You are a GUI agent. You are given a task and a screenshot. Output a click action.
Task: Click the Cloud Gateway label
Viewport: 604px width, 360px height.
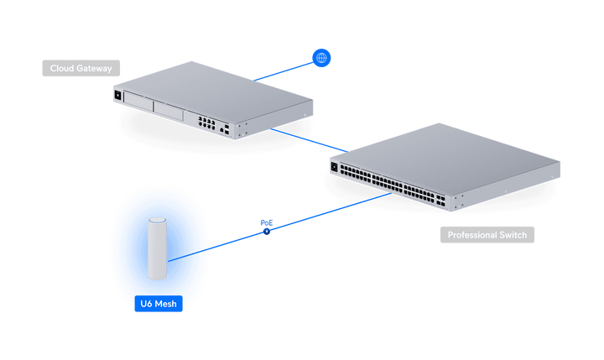(81, 68)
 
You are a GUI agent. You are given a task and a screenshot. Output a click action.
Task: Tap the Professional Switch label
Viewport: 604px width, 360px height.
(487, 235)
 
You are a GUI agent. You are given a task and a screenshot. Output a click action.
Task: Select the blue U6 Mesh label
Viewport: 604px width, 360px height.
(159, 304)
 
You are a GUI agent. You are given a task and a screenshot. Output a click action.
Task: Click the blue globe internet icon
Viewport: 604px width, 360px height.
(321, 58)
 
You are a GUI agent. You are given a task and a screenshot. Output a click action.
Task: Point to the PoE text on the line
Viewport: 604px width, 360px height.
(267, 222)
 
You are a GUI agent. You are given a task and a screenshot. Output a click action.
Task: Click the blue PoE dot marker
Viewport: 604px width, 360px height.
(267, 232)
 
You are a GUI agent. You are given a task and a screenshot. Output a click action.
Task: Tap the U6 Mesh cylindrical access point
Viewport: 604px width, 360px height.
(157, 248)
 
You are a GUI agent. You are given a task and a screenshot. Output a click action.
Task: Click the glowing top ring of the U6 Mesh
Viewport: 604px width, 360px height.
(157, 221)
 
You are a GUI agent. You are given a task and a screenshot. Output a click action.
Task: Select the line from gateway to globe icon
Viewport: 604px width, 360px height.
(284, 72)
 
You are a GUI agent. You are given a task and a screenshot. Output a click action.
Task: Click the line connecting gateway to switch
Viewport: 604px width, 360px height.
(309, 140)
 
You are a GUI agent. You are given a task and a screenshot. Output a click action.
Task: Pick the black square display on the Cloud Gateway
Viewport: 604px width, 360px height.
(118, 95)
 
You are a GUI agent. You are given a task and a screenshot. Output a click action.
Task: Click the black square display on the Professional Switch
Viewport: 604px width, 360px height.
(334, 167)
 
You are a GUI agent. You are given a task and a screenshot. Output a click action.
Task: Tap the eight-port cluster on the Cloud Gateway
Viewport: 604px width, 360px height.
(207, 123)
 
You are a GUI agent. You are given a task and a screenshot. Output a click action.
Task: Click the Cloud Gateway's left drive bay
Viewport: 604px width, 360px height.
(138, 102)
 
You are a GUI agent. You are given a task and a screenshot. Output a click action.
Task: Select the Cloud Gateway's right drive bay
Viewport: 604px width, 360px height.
(169, 111)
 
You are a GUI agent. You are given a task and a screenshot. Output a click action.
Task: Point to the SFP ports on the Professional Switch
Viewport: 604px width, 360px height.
(440, 201)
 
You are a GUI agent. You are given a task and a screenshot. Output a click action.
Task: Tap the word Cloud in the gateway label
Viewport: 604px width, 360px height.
(61, 68)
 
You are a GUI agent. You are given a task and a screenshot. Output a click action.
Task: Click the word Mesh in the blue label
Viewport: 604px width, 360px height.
(166, 304)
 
